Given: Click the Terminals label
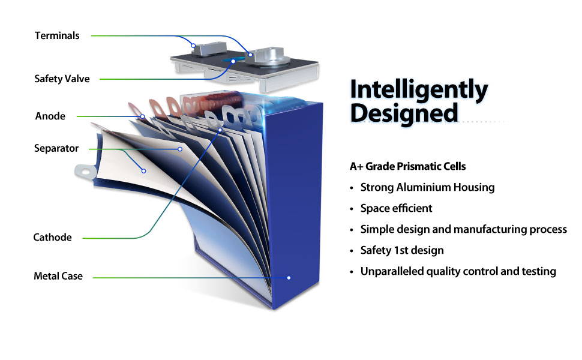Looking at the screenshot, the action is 57,35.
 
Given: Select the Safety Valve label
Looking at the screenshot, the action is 62,79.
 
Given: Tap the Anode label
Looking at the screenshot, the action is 50,116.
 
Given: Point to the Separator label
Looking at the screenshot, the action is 56,148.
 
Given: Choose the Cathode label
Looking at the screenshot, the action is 52,237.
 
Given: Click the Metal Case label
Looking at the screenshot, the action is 58,276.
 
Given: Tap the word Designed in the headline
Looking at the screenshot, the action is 404,113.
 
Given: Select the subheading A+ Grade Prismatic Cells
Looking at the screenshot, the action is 407,166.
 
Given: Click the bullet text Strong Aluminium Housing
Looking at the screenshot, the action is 427,187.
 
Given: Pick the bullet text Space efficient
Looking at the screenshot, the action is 396,208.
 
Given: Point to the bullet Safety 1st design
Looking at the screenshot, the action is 402,250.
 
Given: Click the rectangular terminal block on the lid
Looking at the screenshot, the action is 209,48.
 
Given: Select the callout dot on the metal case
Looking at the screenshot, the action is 289,278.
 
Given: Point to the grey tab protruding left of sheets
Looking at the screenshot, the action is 86,172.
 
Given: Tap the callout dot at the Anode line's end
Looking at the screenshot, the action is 143,116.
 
